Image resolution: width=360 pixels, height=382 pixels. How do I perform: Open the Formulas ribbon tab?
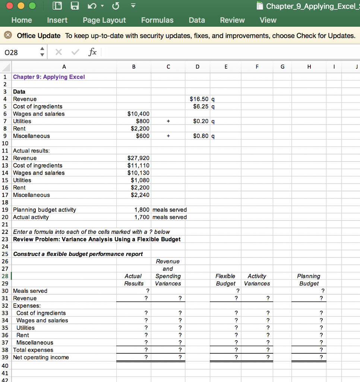pyautogui.click(x=157, y=20)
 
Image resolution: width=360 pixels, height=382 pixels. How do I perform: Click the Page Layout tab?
pyautogui.click(x=104, y=20)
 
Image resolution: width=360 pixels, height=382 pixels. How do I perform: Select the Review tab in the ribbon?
pyautogui.click(x=232, y=20)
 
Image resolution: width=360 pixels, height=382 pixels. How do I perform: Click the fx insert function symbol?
pyautogui.click(x=92, y=53)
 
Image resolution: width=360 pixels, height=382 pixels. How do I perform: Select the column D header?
pyautogui.click(x=197, y=67)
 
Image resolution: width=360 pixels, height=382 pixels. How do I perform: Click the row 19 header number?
pyautogui.click(x=5, y=210)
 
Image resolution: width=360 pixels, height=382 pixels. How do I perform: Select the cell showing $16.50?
pyautogui.click(x=200, y=99)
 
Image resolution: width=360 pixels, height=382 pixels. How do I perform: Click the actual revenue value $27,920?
pyautogui.click(x=138, y=158)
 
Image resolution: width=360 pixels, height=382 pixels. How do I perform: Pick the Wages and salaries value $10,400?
pyautogui.click(x=138, y=114)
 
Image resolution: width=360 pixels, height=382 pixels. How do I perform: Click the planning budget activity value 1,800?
pyautogui.click(x=142, y=210)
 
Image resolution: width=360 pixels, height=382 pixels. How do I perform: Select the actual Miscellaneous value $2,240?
pyautogui.click(x=140, y=195)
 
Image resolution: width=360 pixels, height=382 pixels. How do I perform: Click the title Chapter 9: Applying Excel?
pyautogui.click(x=49, y=77)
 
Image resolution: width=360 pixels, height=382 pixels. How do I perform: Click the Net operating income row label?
pyautogui.click(x=41, y=357)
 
